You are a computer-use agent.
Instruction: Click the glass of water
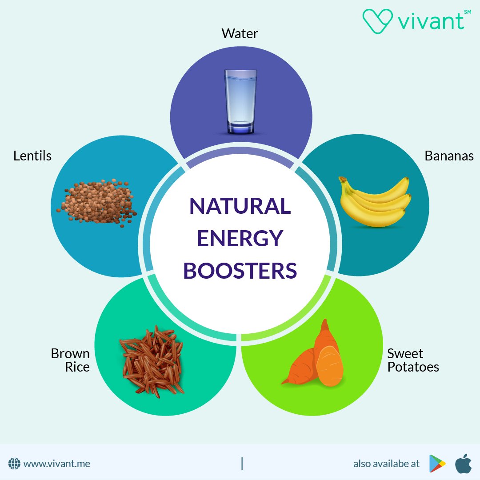(240, 102)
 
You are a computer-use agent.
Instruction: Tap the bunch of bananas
(374, 202)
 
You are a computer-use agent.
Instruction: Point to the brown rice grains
(151, 360)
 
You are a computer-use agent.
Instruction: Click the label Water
(240, 33)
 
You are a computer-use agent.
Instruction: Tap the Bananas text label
(449, 156)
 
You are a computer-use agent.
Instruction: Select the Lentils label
(32, 156)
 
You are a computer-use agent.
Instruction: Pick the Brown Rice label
(70, 360)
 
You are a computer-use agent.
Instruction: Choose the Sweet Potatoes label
(412, 360)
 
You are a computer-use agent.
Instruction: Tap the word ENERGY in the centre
(240, 239)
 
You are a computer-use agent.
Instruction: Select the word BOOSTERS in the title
(240, 271)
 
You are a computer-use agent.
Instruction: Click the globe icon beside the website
(15, 464)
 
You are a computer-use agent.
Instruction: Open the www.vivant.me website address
(57, 464)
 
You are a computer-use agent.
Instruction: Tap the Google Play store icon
(437, 464)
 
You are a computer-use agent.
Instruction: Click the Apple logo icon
(463, 463)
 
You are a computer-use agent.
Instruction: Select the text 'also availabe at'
(386, 464)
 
